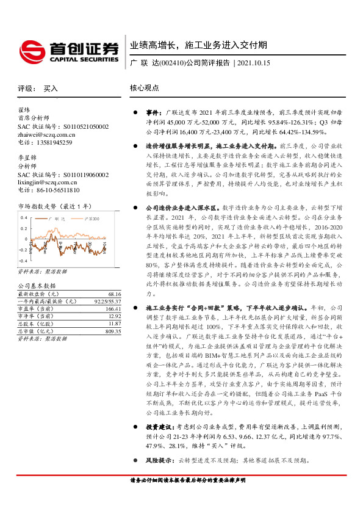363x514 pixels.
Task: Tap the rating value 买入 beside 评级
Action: tap(51, 89)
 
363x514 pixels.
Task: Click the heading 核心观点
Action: tap(145, 88)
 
